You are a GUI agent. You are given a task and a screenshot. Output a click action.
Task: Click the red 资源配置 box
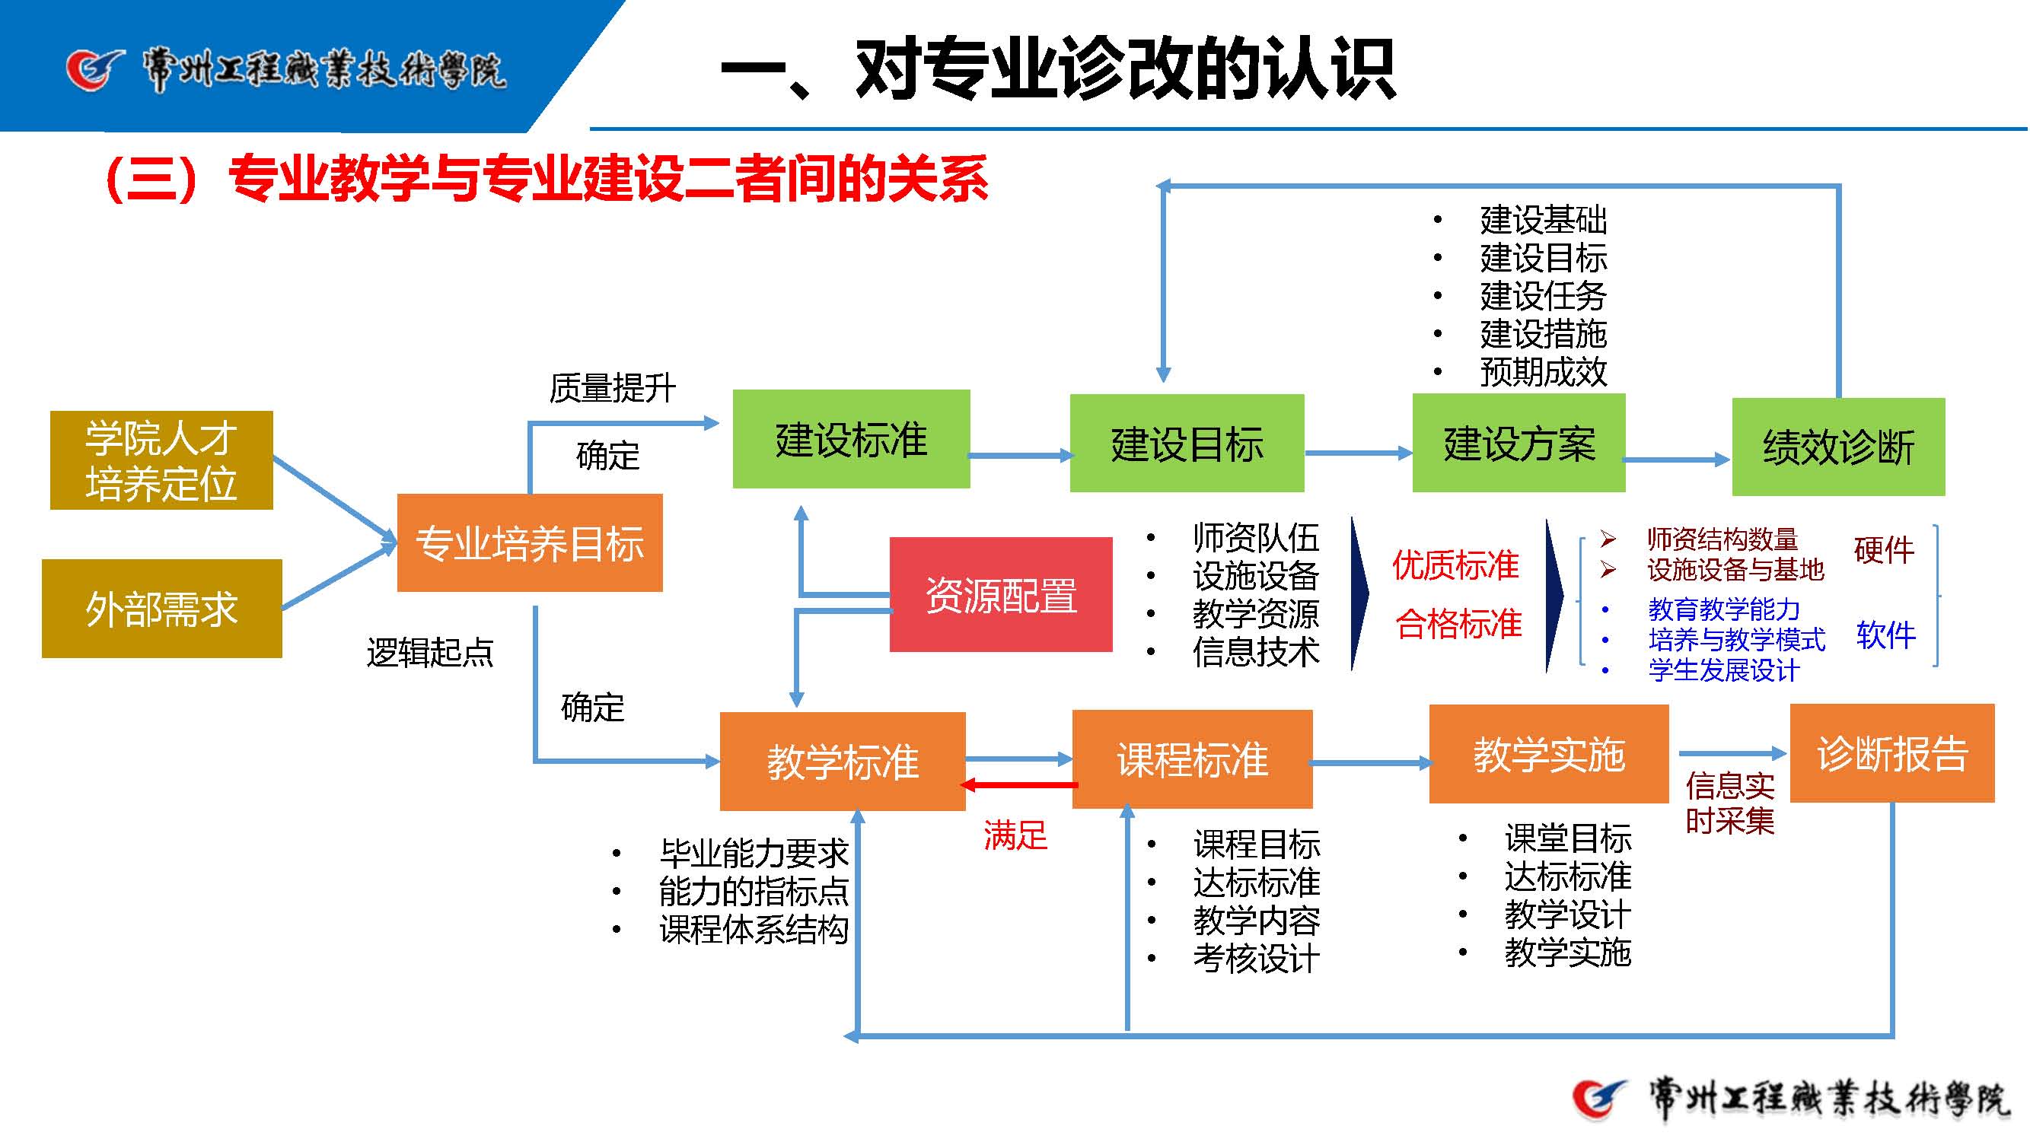click(1001, 595)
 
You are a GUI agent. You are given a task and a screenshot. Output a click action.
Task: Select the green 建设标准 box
click(851, 439)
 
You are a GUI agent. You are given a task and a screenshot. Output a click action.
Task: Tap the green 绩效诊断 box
click(1837, 447)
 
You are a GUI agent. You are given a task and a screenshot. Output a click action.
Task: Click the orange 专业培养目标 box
click(530, 542)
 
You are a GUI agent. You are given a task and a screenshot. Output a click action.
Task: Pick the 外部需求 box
click(161, 609)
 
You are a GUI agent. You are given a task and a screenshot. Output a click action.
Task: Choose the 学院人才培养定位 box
click(161, 460)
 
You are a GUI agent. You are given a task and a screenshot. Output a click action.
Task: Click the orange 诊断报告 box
click(1892, 753)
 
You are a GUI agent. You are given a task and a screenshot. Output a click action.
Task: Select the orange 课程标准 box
click(1192, 759)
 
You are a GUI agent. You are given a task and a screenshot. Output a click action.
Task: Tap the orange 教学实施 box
click(1548, 754)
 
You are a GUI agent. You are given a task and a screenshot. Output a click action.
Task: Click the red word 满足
click(1015, 835)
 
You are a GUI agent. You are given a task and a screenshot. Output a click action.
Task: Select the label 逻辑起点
click(429, 652)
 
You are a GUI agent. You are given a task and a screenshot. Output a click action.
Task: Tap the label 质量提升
click(612, 387)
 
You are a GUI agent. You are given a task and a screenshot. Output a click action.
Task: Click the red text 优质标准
click(1455, 565)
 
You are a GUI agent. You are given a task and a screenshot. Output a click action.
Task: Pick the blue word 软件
click(1885, 635)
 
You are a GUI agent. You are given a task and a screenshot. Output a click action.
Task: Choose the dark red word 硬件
click(1883, 550)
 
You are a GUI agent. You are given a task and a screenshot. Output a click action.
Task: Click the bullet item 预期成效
click(1543, 372)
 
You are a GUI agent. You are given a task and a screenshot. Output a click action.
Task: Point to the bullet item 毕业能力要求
click(754, 853)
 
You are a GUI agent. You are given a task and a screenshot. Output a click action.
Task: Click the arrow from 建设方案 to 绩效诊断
click(1677, 460)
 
